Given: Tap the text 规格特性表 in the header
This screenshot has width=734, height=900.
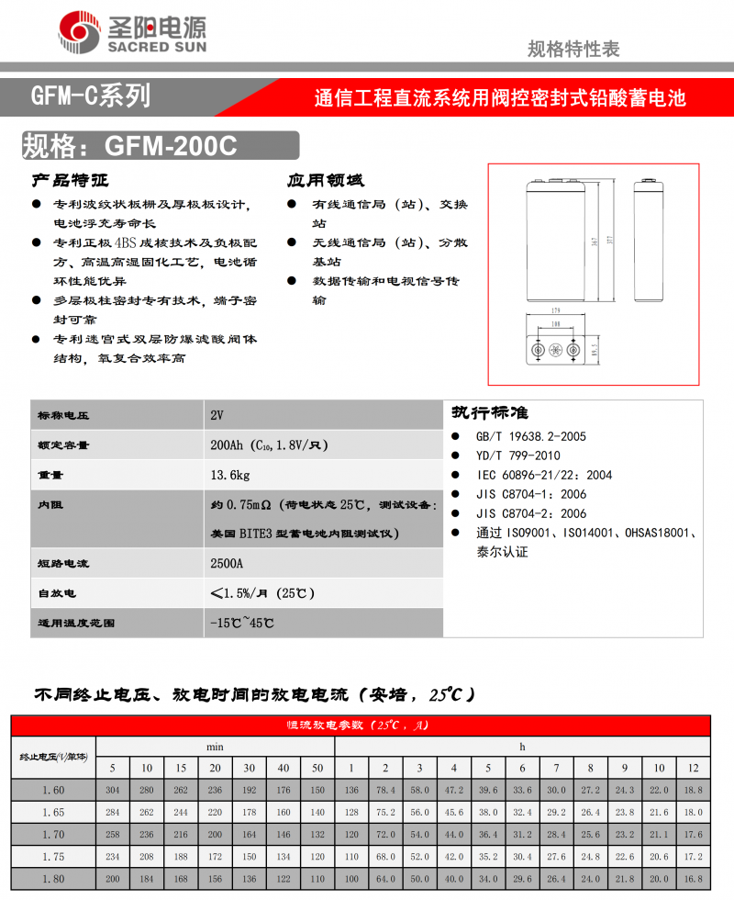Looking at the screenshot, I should (x=573, y=49).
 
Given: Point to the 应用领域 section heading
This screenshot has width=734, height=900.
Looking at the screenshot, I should (x=325, y=180).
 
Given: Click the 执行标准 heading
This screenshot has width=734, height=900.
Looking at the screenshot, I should (x=489, y=412).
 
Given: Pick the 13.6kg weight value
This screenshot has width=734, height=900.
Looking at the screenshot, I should (x=229, y=475).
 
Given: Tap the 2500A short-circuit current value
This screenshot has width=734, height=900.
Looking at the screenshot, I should (x=228, y=563).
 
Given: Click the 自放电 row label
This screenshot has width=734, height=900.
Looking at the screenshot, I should (x=57, y=593).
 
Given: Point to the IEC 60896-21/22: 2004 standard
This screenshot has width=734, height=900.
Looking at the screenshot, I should (x=544, y=475).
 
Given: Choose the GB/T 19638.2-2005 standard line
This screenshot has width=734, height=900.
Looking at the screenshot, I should (x=531, y=436).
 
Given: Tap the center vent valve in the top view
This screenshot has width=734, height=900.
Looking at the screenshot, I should (x=554, y=351).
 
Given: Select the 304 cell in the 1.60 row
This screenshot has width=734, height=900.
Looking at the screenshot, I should (x=113, y=790).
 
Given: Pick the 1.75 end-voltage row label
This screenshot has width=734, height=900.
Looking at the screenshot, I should (x=54, y=856).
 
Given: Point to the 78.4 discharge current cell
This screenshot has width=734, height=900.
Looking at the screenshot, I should (x=385, y=790).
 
